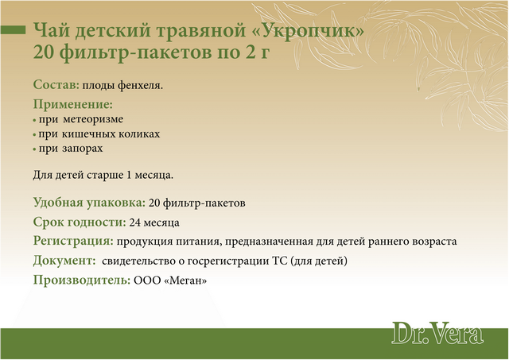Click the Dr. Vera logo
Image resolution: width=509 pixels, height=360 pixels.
[x=437, y=333]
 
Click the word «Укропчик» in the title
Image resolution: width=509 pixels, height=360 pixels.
[x=313, y=30]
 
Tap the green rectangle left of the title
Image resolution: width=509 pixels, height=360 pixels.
[x=13, y=30]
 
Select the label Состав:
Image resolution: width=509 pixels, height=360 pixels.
[x=56, y=85]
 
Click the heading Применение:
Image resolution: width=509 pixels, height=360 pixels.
[x=73, y=105]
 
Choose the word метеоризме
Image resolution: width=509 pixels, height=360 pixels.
[x=93, y=119]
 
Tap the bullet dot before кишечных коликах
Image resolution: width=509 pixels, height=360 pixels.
[x=34, y=134]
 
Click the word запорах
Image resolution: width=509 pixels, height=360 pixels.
[x=83, y=149]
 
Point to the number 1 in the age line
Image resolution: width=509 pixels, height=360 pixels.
[x=129, y=175]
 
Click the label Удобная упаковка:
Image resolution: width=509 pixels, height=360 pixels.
[x=89, y=203]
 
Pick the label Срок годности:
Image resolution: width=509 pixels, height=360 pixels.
[x=80, y=223]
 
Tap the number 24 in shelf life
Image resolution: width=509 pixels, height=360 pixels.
[x=134, y=223]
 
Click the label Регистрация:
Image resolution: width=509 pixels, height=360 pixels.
[x=73, y=242]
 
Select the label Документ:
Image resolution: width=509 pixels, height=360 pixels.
[x=64, y=261]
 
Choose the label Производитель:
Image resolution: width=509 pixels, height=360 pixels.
[x=82, y=280]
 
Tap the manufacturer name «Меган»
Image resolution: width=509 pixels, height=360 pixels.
[x=185, y=281]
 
